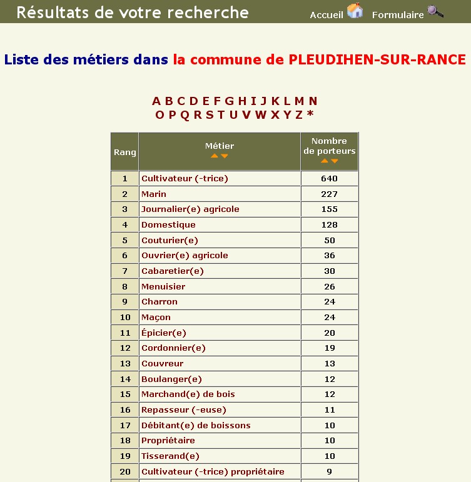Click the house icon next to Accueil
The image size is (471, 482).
pyautogui.click(x=355, y=11)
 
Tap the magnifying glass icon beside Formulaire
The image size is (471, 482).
pyautogui.click(x=435, y=11)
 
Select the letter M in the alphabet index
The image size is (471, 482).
pyautogui.click(x=299, y=101)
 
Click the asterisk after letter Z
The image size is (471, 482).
pyautogui.click(x=310, y=115)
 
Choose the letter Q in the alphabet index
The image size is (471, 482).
pyautogui.click(x=185, y=115)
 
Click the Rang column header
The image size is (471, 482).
pyautogui.click(x=125, y=153)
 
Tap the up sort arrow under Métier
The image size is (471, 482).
pyautogui.click(x=215, y=156)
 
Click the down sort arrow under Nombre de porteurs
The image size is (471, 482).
pyautogui.click(x=335, y=161)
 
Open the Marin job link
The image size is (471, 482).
pyautogui.click(x=154, y=194)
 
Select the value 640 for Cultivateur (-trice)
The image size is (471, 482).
pyautogui.click(x=330, y=178)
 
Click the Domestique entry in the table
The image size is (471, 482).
pyautogui.click(x=168, y=224)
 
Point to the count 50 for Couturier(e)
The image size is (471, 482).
pyautogui.click(x=330, y=240)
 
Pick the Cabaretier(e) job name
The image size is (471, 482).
pyautogui.click(x=173, y=271)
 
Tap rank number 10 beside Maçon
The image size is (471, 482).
pyautogui.click(x=125, y=317)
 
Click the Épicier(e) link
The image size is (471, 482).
pyautogui.click(x=164, y=333)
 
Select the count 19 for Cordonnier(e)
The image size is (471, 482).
pyautogui.click(x=330, y=348)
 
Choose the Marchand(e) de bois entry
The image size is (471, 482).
pyautogui.click(x=188, y=394)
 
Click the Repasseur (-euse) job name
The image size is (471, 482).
pyautogui.click(x=184, y=409)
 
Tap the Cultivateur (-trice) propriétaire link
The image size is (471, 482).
pyautogui.click(x=213, y=471)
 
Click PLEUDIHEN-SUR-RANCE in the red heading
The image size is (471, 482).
pyautogui.click(x=377, y=60)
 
